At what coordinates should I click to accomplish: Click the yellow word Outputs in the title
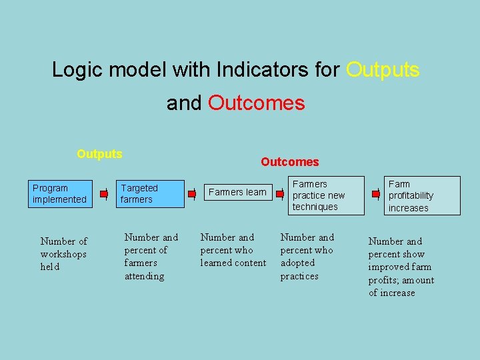[x=383, y=69]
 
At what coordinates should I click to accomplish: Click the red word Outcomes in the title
[x=256, y=103]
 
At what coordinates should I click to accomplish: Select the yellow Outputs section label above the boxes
[x=99, y=154]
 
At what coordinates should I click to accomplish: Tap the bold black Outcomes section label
[x=289, y=162]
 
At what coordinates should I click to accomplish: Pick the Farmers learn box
[x=237, y=193]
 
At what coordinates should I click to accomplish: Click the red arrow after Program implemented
[x=103, y=194]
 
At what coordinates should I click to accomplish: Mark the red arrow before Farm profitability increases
[x=376, y=194]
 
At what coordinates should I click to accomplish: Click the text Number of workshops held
[x=63, y=254]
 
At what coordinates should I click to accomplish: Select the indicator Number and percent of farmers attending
[x=151, y=257]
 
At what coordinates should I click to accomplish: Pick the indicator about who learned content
[x=233, y=250]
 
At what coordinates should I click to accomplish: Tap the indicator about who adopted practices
[x=307, y=257]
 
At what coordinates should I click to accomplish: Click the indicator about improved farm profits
[x=401, y=267]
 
